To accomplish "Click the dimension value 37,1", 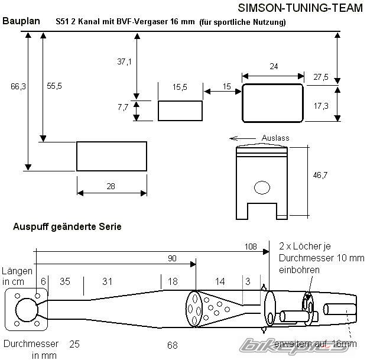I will [x=124, y=61].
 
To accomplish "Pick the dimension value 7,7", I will [x=123, y=107].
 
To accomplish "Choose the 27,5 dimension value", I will [x=321, y=77].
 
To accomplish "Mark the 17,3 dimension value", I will [x=321, y=105].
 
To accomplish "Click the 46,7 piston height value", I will [x=320, y=176].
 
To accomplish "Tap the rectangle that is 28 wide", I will [x=112, y=156].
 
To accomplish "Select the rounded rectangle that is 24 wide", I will [x=273, y=102].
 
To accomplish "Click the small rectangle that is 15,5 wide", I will [x=180, y=110].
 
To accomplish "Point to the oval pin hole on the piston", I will [x=261, y=188].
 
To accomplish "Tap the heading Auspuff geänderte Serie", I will [x=63, y=227].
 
